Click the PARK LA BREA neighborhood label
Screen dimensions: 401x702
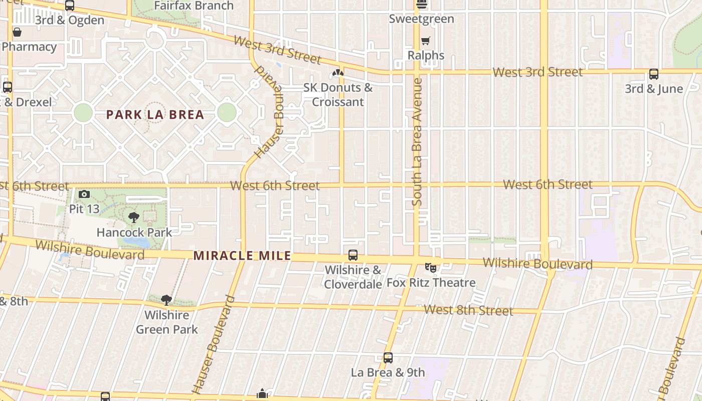(x=155, y=115)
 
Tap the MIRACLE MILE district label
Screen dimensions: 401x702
(x=242, y=256)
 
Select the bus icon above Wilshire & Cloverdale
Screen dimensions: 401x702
(x=353, y=255)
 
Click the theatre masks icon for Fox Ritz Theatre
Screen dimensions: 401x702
(x=430, y=268)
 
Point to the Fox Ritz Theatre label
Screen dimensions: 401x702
(x=431, y=283)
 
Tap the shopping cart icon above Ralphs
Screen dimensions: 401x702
(x=426, y=41)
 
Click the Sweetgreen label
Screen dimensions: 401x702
(x=421, y=19)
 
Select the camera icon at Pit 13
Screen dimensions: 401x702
(x=84, y=194)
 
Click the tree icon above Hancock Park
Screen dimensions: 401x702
(x=133, y=218)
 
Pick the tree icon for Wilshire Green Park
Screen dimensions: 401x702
(x=166, y=300)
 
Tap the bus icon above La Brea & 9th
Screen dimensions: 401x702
(x=388, y=358)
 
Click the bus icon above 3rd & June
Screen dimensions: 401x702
(x=654, y=74)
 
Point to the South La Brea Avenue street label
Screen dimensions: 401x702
(x=417, y=142)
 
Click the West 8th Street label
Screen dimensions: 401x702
(x=468, y=310)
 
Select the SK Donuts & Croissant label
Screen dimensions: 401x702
(x=338, y=95)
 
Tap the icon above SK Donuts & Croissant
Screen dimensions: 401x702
(x=338, y=73)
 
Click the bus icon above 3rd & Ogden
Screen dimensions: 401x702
(x=70, y=6)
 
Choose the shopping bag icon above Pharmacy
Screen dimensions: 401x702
(x=17, y=33)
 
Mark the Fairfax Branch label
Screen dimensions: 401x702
(x=194, y=6)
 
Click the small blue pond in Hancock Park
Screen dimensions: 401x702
(x=137, y=242)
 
